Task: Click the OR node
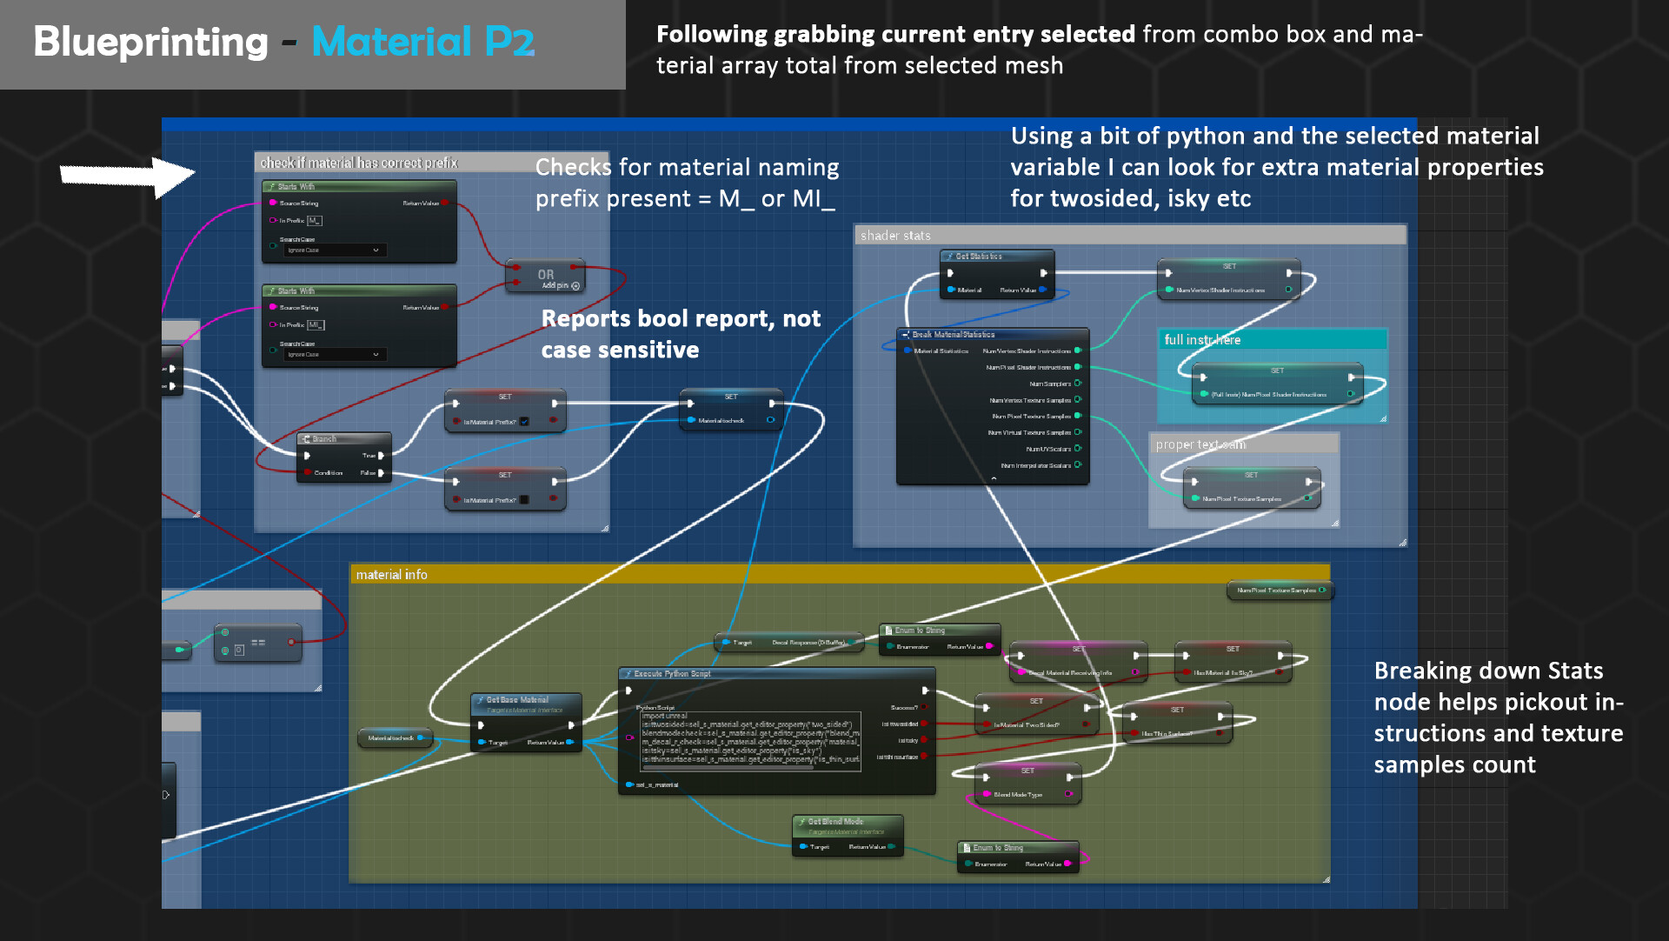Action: [546, 277]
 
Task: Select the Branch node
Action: [343, 439]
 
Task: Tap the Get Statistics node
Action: [996, 257]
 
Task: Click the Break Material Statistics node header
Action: [991, 335]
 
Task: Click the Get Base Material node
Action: [525, 700]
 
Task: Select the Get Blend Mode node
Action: [847, 822]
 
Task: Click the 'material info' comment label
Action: [392, 575]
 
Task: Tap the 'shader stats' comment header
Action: [895, 236]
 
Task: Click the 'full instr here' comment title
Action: [1202, 340]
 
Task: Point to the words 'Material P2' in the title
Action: [423, 42]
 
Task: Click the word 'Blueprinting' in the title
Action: [150, 42]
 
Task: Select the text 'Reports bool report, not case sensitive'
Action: [681, 334]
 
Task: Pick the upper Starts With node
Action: [358, 187]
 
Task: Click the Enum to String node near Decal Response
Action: [939, 631]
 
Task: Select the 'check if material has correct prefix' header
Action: [359, 164]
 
